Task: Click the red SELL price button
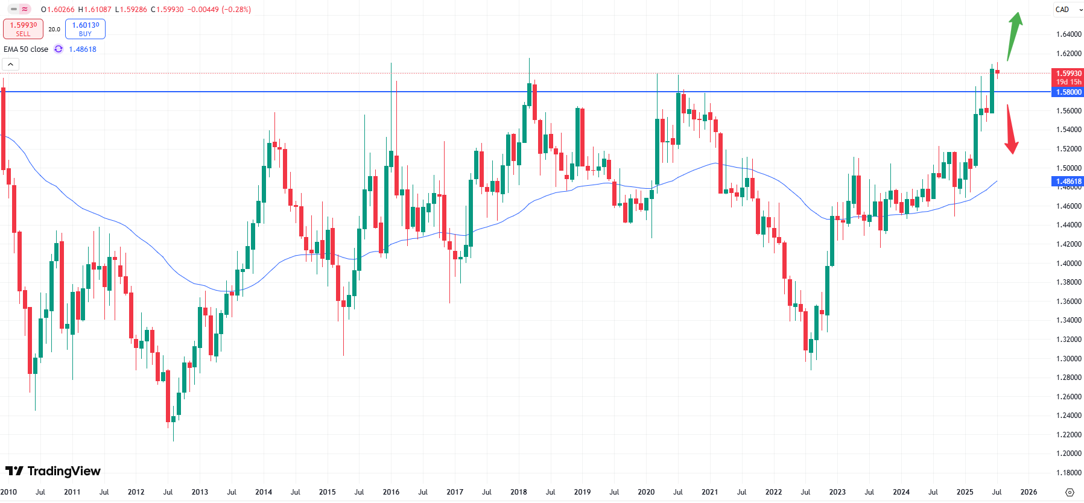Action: pyautogui.click(x=23, y=29)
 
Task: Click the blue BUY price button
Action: pyautogui.click(x=85, y=29)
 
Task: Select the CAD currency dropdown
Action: pyautogui.click(x=1068, y=10)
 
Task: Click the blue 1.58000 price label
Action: pyautogui.click(x=1068, y=92)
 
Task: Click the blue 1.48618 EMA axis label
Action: pyautogui.click(x=1068, y=182)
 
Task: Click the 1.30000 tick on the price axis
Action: pyautogui.click(x=1068, y=359)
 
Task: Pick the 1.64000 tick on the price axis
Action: pyautogui.click(x=1068, y=34)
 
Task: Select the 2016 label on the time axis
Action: pyautogui.click(x=391, y=492)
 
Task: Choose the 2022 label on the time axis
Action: pyautogui.click(x=773, y=492)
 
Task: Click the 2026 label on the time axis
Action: pyautogui.click(x=1029, y=492)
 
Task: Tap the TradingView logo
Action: pyautogui.click(x=53, y=471)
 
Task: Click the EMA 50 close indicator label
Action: pyautogui.click(x=26, y=49)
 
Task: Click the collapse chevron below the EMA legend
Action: pyautogui.click(x=11, y=65)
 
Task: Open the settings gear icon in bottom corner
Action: pyautogui.click(x=1070, y=492)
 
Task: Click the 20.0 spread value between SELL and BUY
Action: pyautogui.click(x=54, y=29)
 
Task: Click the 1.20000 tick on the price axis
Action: pyautogui.click(x=1068, y=454)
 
